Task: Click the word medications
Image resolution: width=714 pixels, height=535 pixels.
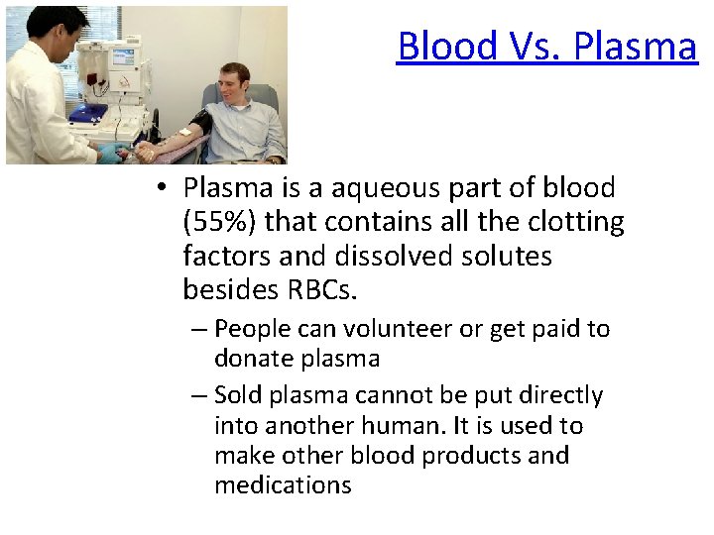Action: tap(283, 485)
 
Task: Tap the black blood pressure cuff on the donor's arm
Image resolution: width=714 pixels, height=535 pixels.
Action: tap(202, 125)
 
